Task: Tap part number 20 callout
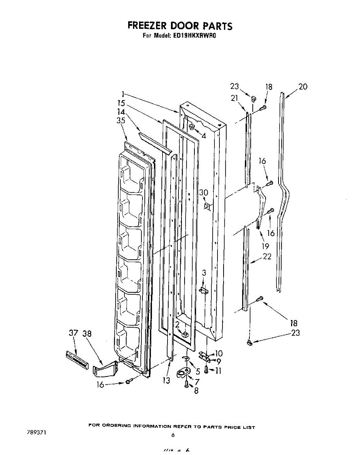303,87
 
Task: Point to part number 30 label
203,193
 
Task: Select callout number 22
267,257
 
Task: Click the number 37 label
73,333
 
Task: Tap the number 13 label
166,380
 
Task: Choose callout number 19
265,246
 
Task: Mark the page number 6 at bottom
173,435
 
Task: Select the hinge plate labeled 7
185,373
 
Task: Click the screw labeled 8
186,384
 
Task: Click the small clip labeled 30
207,207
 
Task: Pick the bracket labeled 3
204,290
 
